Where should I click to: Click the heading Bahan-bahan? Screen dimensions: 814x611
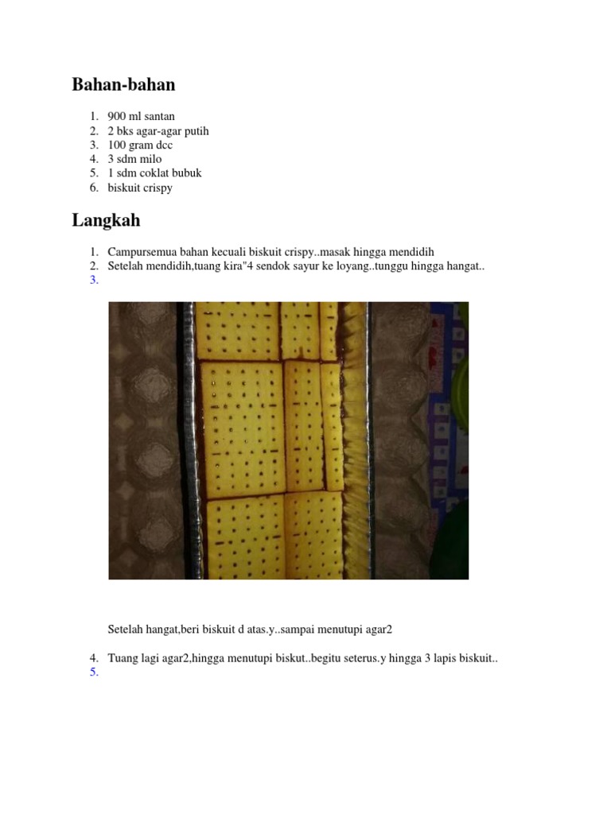point(123,84)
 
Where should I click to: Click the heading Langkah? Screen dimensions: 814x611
point(106,220)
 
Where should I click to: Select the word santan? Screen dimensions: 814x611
point(159,117)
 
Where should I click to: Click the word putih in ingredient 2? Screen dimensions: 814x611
point(195,131)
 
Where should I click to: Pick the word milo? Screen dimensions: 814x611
point(151,160)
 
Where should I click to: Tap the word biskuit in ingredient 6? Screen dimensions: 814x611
point(125,188)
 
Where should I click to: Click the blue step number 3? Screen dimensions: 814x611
point(94,281)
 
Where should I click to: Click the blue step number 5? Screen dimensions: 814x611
point(94,673)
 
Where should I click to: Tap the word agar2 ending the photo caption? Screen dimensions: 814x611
point(379,630)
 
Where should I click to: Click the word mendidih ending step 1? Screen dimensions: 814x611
point(411,252)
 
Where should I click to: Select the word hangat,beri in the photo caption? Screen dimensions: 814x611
point(174,630)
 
